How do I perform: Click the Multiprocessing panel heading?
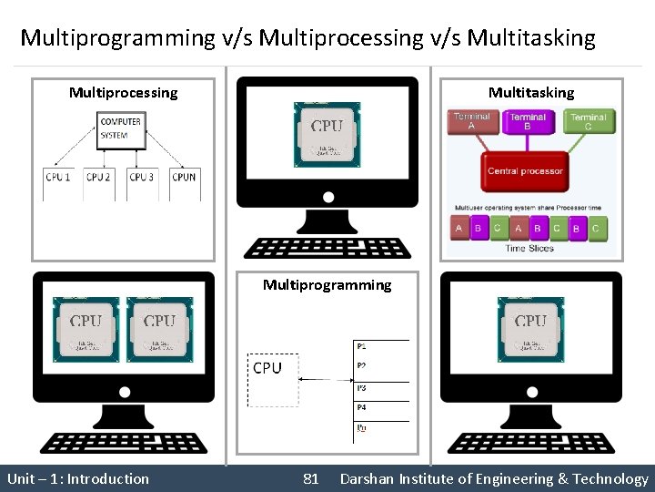pyautogui.click(x=123, y=92)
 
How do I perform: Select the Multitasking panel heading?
pyautogui.click(x=531, y=92)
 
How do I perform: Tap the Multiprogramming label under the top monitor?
pyautogui.click(x=327, y=285)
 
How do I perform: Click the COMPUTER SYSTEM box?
pyautogui.click(x=121, y=128)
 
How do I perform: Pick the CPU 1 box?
pyautogui.click(x=58, y=177)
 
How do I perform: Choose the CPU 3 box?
pyautogui.click(x=140, y=177)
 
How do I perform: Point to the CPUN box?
pyautogui.click(x=184, y=177)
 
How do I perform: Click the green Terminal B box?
pyautogui.click(x=528, y=121)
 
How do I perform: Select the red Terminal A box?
pyautogui.click(x=471, y=121)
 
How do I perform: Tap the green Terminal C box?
pyautogui.click(x=588, y=121)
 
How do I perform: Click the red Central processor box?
pyautogui.click(x=525, y=171)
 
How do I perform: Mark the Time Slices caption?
pyautogui.click(x=529, y=248)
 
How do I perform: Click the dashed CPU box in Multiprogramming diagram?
pyautogui.click(x=272, y=379)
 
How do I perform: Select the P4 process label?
pyautogui.click(x=362, y=407)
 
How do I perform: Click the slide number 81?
pyautogui.click(x=310, y=478)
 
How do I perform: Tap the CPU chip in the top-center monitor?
pyautogui.click(x=327, y=133)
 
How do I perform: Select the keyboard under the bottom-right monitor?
pyautogui.click(x=530, y=442)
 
